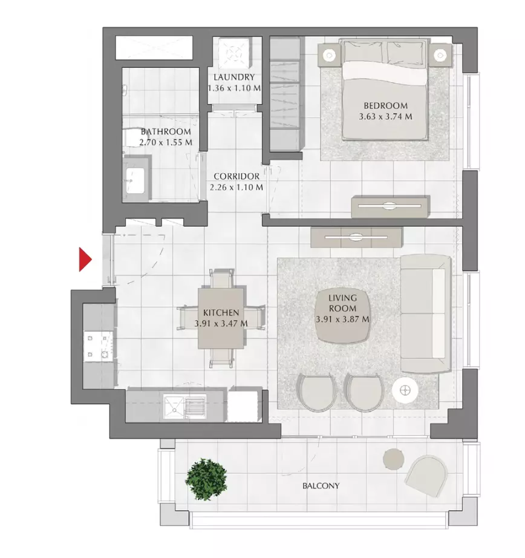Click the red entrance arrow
(x=85, y=260)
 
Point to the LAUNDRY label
(x=234, y=77)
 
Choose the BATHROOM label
(x=166, y=131)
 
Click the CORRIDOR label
(x=236, y=177)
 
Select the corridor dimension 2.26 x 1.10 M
(x=236, y=188)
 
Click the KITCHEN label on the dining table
(x=221, y=313)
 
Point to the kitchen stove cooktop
(x=99, y=346)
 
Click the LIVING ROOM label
(x=342, y=303)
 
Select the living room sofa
(x=426, y=313)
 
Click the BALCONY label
(x=321, y=486)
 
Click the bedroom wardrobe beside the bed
(x=285, y=94)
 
